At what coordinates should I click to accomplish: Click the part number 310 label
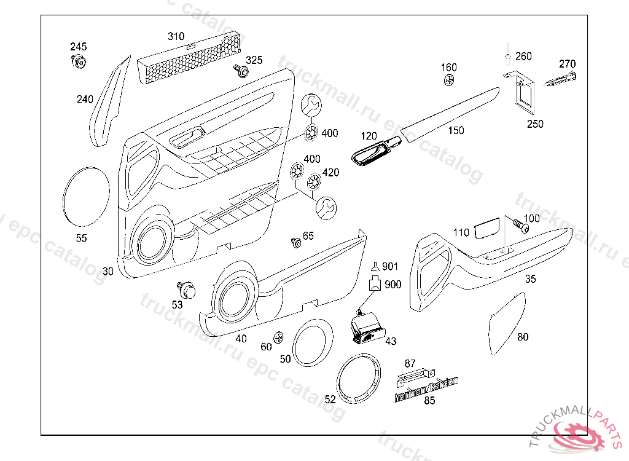tap(176, 37)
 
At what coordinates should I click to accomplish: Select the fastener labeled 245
tap(79, 61)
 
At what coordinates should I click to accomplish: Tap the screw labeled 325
tap(241, 71)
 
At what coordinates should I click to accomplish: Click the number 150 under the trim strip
tap(456, 130)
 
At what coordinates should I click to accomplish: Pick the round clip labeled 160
tap(449, 81)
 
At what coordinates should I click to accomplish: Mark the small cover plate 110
tap(486, 229)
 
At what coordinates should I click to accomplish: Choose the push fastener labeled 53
tap(187, 288)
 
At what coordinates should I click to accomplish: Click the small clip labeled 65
tap(296, 242)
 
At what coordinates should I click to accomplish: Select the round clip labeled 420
tap(314, 182)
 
